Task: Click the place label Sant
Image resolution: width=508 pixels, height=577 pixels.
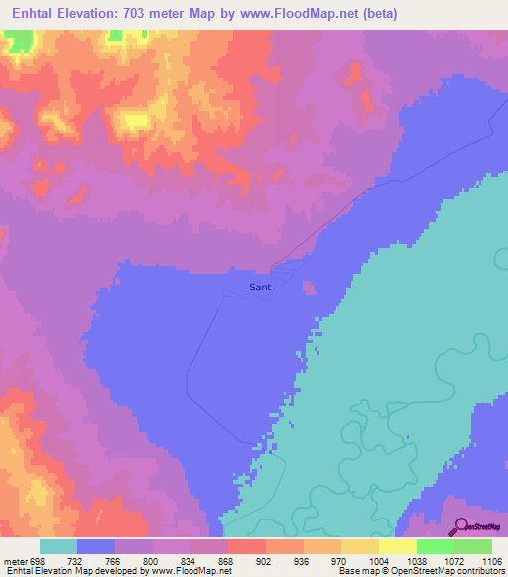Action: pos(260,288)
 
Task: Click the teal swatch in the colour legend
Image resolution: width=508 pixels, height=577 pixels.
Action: pos(59,547)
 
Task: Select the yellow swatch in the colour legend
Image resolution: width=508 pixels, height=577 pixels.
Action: pos(360,547)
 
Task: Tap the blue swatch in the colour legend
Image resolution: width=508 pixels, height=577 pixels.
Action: pos(96,547)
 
